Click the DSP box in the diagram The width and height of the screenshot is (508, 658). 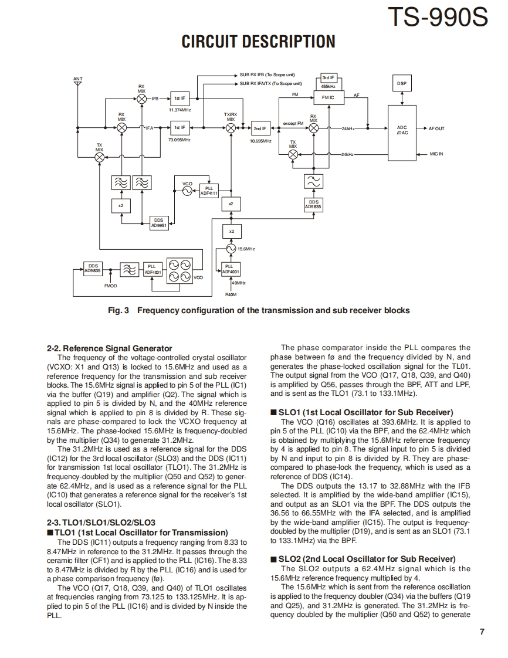(x=401, y=84)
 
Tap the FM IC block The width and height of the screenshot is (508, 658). (x=328, y=97)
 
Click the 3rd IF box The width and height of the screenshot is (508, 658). (x=328, y=77)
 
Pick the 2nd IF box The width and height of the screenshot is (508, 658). (x=260, y=128)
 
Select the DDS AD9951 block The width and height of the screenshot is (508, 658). (x=158, y=223)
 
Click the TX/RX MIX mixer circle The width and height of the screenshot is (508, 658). (x=231, y=128)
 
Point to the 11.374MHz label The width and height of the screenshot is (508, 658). (x=180, y=110)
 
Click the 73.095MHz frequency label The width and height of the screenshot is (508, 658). (x=180, y=140)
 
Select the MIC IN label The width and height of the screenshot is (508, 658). (x=436, y=154)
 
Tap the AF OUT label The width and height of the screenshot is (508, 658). (x=437, y=128)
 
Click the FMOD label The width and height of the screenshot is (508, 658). (x=110, y=286)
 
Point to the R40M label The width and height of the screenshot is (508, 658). (x=231, y=294)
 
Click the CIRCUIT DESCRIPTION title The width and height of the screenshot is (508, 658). (x=258, y=42)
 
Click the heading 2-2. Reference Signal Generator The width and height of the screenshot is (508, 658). (x=109, y=348)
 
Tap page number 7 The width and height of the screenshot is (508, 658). (x=481, y=632)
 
